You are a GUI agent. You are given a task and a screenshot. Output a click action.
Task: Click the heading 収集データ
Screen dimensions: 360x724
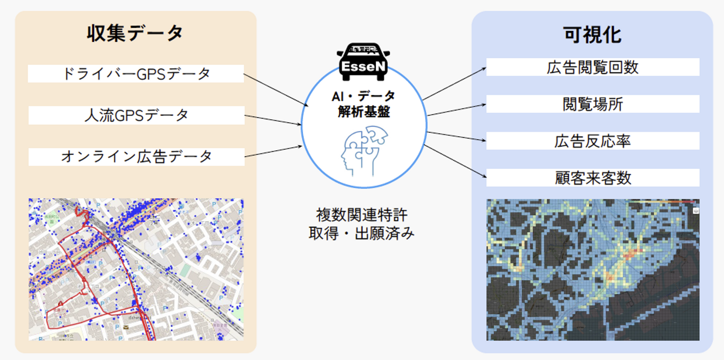[136, 34]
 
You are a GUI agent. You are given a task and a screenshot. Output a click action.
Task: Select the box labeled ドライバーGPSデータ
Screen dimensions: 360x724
[136, 73]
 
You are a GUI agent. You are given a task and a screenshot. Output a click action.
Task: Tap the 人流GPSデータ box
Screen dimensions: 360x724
[136, 115]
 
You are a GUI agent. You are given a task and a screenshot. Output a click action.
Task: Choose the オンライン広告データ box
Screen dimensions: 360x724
[136, 156]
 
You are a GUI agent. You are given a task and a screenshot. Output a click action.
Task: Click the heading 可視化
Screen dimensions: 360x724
[592, 35]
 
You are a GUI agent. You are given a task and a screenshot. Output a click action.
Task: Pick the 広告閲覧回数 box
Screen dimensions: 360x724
[592, 67]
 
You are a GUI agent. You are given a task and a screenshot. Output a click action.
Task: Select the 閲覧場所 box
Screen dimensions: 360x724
[592, 104]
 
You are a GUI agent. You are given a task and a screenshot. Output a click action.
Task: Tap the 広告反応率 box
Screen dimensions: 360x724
[592, 141]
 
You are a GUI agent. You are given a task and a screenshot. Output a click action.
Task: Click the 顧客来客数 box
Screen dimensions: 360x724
[592, 177]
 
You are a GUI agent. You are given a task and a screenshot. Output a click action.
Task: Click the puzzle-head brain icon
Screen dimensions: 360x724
[363, 150]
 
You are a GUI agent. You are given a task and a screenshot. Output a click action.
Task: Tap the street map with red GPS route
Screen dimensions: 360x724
[136, 269]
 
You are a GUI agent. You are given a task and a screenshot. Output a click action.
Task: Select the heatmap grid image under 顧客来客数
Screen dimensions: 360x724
[592, 269]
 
